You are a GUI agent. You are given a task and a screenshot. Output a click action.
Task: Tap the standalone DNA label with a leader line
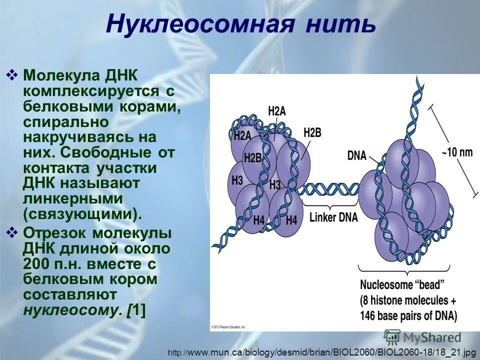[356, 155]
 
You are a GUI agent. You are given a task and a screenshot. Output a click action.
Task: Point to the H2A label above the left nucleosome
[276, 111]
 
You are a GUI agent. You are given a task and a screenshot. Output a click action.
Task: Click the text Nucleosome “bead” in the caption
[402, 285]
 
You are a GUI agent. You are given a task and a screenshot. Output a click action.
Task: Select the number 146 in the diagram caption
[370, 316]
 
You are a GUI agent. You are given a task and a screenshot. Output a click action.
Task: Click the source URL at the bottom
[322, 353]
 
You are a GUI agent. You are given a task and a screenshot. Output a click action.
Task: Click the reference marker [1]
[136, 309]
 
